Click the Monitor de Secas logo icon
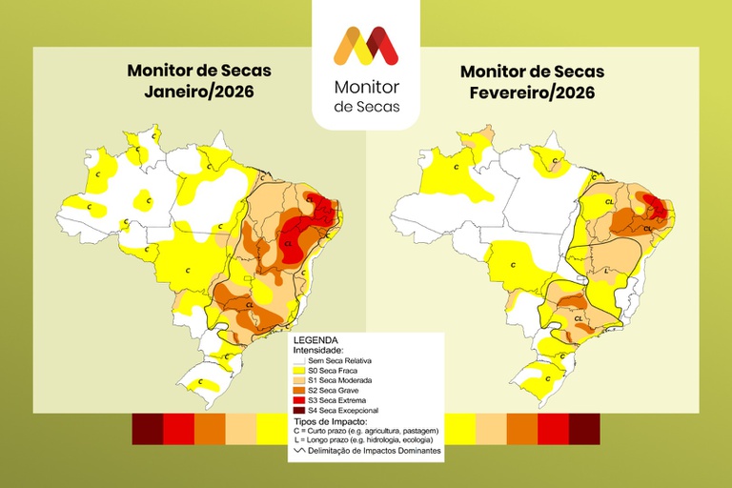(365, 45)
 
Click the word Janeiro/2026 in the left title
(199, 92)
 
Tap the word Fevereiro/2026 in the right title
(532, 92)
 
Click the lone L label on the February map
(608, 270)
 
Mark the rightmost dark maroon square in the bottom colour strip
(584, 429)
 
